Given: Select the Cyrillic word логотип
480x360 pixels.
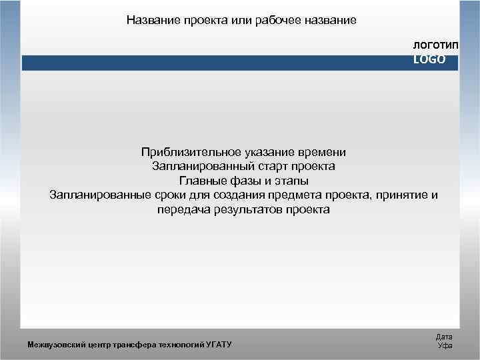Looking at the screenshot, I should point(435,45).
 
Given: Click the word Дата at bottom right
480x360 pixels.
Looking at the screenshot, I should point(444,337).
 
